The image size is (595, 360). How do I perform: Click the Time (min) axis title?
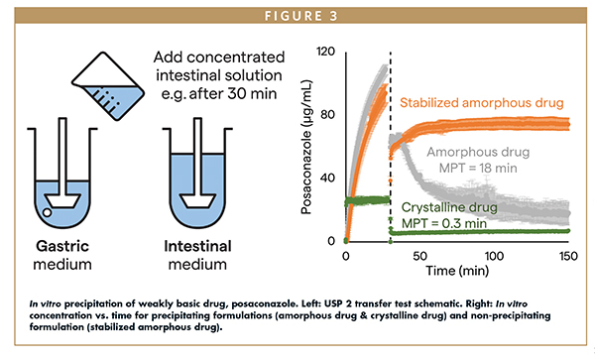tap(458, 271)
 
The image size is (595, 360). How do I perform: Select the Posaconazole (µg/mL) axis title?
tap(305, 146)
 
